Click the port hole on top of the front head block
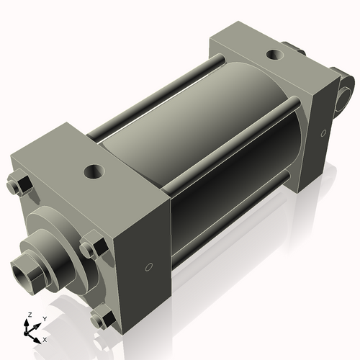pos(94,172)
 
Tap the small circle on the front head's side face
pos(149,267)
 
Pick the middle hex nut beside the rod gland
pos(90,249)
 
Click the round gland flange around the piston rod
pos(54,238)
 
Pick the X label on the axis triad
pos(45,338)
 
